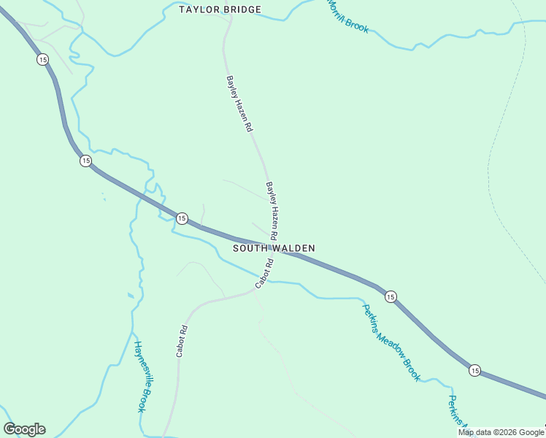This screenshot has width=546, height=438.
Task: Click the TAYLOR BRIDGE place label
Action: pyautogui.click(x=220, y=10)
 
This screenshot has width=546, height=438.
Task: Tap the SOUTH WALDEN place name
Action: pyautogui.click(x=274, y=248)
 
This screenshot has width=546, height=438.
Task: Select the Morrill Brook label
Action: pyautogui.click(x=347, y=16)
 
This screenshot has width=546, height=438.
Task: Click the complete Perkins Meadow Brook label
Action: pyautogui.click(x=391, y=342)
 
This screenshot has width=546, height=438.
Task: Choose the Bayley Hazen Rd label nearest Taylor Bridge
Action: pyautogui.click(x=239, y=103)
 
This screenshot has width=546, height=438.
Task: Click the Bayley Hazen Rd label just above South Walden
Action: pyautogui.click(x=272, y=212)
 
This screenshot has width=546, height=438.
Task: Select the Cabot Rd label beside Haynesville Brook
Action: pyautogui.click(x=182, y=340)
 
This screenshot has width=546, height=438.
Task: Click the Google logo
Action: pyautogui.click(x=25, y=429)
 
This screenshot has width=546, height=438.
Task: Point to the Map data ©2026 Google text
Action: pyautogui.click(x=501, y=432)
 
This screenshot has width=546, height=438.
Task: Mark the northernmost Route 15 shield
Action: pyautogui.click(x=42, y=60)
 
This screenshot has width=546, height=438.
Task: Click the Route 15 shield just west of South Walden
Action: pyautogui.click(x=182, y=218)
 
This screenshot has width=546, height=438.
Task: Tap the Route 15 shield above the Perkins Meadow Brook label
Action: pyautogui.click(x=391, y=296)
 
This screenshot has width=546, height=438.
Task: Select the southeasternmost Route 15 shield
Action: pyautogui.click(x=474, y=371)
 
